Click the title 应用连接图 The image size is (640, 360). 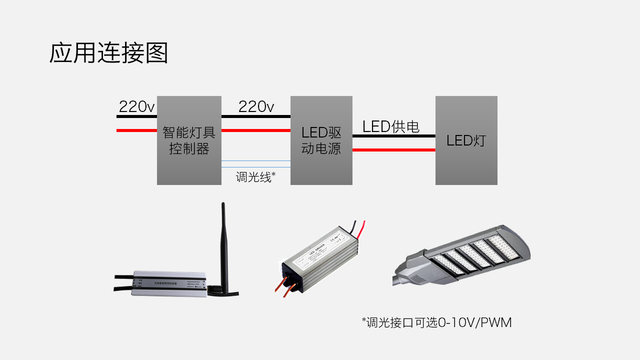(108, 53)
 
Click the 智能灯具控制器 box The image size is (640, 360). (189, 140)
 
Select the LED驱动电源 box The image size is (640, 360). (321, 140)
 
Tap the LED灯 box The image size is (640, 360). (466, 140)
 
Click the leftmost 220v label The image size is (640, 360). (136, 106)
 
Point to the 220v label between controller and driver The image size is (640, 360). (256, 106)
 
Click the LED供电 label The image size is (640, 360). (391, 126)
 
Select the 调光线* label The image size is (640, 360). (256, 176)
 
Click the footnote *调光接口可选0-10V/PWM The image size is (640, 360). (436, 322)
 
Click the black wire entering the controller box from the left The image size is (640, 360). (136, 116)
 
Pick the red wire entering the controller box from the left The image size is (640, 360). (136, 130)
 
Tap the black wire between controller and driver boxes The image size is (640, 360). (256, 116)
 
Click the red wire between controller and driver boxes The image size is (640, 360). (256, 130)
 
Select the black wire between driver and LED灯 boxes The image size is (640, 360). (393, 135)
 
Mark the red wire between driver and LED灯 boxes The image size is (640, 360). (393, 149)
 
